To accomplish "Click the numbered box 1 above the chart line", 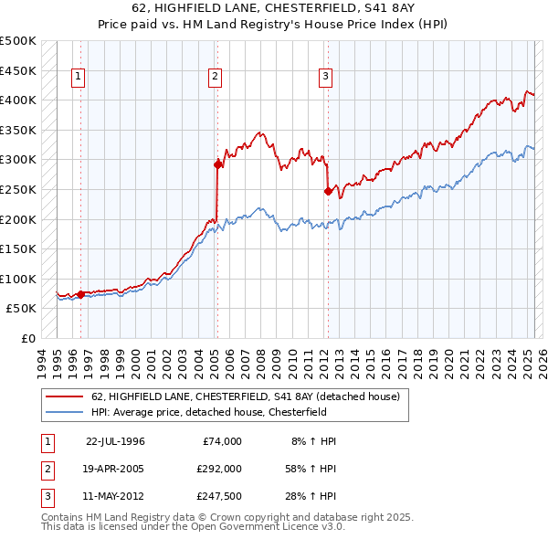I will tap(79, 78).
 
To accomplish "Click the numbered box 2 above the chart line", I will tap(216, 78).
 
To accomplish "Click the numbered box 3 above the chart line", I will tap(325, 78).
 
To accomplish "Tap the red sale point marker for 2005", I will tap(217, 164).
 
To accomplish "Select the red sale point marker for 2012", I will tap(327, 191).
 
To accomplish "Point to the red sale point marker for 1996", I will tap(80, 294).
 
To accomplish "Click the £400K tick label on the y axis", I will tap(18, 100).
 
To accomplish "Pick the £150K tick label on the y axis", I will tap(18, 248).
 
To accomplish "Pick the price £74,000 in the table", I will tap(219, 441).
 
